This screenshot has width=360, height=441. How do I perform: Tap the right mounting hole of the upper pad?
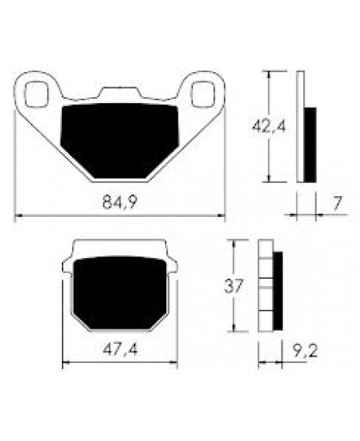click(x=204, y=94)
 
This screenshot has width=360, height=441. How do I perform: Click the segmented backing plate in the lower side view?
click(x=265, y=287)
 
